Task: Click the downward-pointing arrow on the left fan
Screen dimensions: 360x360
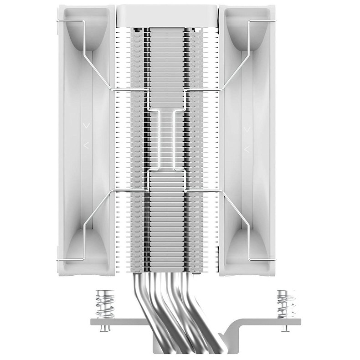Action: point(87,125)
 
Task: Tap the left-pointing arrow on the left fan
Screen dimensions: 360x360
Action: point(87,145)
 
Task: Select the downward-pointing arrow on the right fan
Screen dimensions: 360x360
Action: point(247,129)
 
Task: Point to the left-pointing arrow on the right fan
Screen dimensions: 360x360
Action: point(247,149)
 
